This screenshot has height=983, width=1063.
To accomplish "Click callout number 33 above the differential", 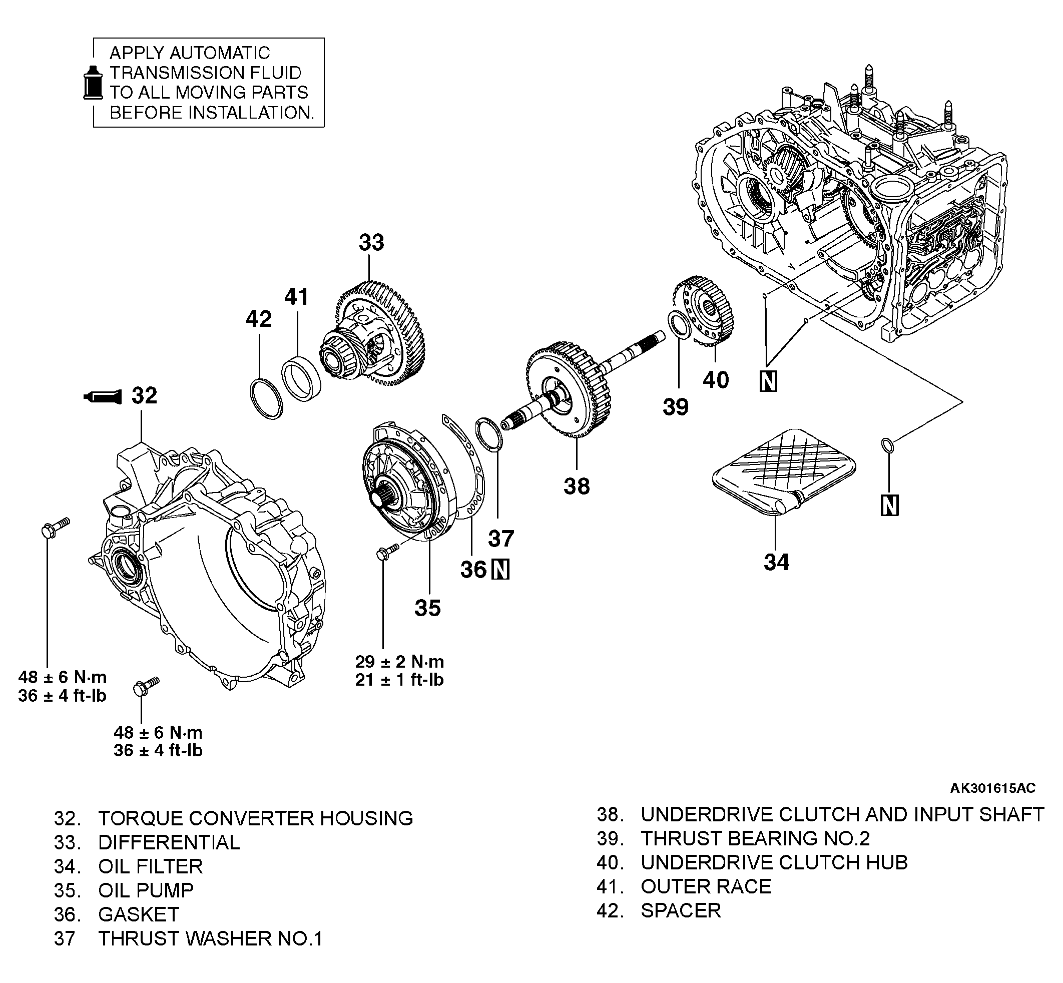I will click(371, 243).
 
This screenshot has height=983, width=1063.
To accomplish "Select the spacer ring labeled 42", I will click(266, 398).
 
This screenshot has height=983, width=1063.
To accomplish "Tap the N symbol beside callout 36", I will click(500, 570).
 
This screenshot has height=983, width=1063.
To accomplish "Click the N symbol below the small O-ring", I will click(889, 505).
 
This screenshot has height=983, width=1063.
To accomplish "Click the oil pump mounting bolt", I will click(387, 551).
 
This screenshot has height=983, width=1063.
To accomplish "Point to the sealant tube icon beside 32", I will click(102, 396).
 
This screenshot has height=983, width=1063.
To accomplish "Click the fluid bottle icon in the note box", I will click(93, 83).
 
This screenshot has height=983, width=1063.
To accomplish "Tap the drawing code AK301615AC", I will click(993, 788).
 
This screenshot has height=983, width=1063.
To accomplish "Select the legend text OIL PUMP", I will click(146, 890).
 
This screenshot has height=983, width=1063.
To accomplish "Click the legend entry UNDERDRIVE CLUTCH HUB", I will click(774, 862).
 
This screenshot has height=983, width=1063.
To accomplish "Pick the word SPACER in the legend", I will click(681, 910).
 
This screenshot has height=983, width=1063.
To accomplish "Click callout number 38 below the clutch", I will click(577, 485).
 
